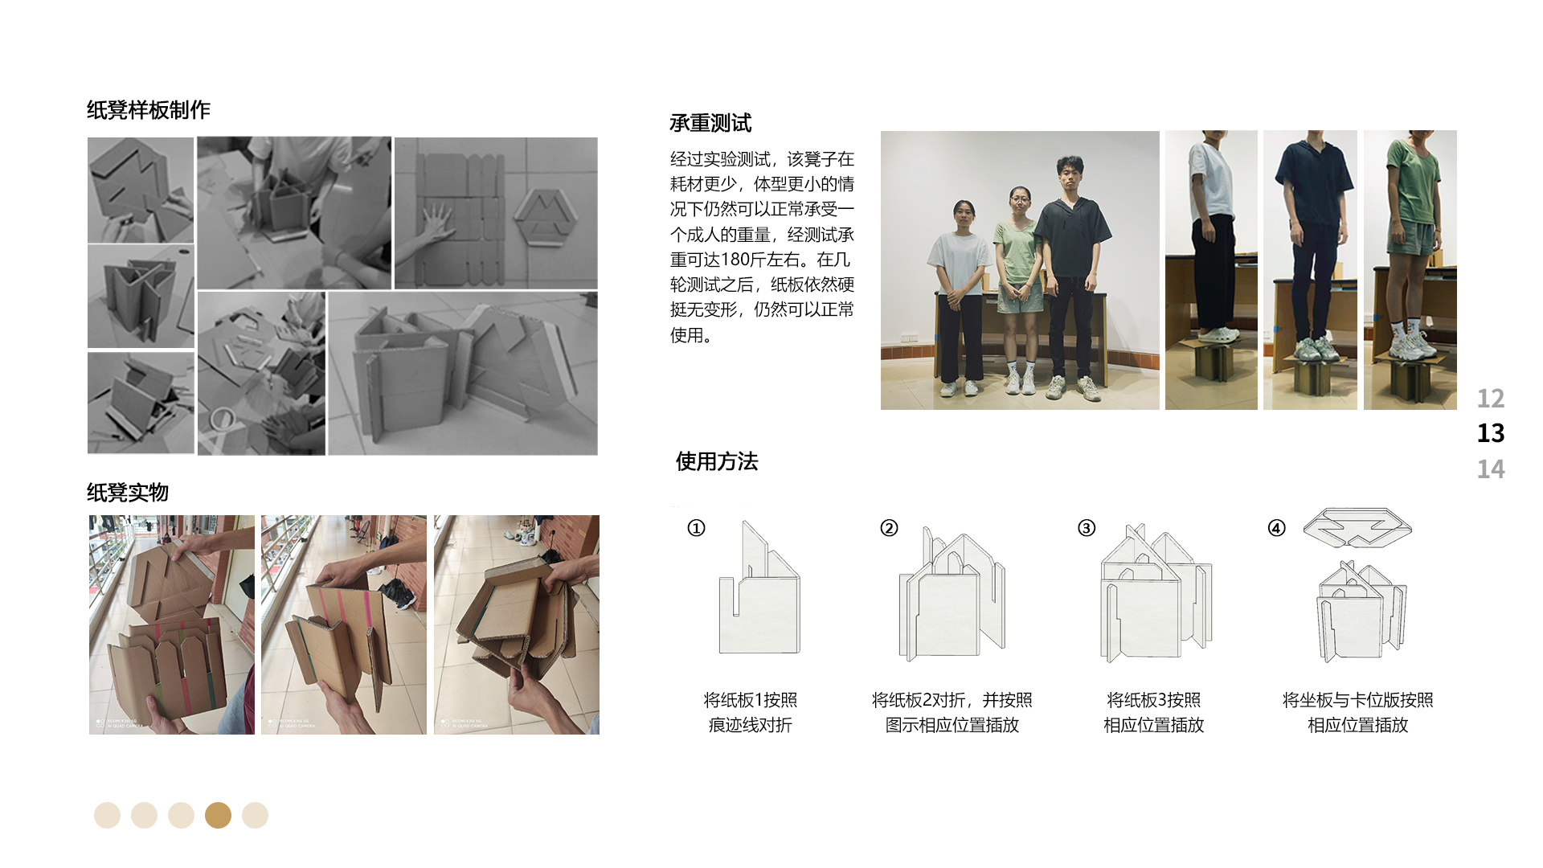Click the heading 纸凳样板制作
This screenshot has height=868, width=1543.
coord(148,110)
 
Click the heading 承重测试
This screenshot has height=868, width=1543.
coord(710,123)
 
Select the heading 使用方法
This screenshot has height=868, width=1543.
coord(716,461)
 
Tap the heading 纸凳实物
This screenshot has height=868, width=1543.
coord(128,492)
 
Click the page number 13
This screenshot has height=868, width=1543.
coord(1490,433)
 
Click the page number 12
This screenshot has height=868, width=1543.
coord(1490,398)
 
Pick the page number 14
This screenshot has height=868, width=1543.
coord(1490,469)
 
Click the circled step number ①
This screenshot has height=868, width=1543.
coord(696,528)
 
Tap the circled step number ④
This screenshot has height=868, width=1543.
coord(1276,528)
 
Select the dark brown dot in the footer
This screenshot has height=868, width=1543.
coord(218,815)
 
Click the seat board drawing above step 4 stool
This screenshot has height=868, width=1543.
coord(1357,526)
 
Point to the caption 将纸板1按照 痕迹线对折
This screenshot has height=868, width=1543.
coord(750,712)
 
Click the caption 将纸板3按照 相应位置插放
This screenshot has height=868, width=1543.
coord(1153,712)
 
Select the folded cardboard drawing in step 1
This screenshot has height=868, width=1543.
coord(759,595)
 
